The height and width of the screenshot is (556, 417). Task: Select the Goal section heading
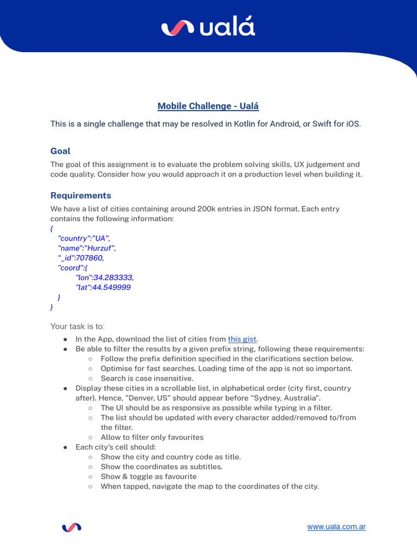point(60,151)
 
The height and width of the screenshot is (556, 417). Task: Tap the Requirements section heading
point(80,195)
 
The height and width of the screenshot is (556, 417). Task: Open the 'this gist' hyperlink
point(242,339)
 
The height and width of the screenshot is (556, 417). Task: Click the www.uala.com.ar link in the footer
point(336,527)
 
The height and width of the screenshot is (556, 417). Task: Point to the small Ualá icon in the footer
point(72,527)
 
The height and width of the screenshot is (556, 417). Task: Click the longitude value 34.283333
point(113,277)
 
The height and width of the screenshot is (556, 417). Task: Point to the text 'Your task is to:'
point(77,326)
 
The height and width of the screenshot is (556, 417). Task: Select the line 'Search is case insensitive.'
point(147,378)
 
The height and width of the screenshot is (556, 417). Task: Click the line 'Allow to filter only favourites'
point(152,437)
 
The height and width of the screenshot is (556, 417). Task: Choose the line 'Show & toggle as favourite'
point(148,476)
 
